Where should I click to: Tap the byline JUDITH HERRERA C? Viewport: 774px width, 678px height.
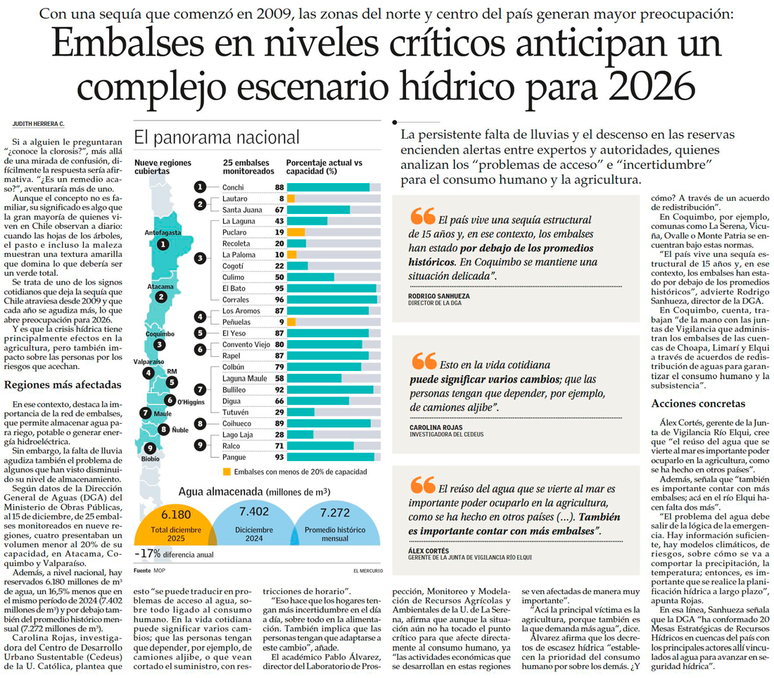(39, 124)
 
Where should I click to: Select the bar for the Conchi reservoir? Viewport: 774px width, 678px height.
(328, 187)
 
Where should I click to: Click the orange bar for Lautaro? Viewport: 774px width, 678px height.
(290, 199)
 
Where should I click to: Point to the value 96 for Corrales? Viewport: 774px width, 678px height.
(279, 299)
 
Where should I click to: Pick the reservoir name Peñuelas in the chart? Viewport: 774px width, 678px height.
(237, 321)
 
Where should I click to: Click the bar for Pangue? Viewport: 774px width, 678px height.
(331, 457)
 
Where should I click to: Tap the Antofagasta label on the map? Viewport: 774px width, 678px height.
(163, 232)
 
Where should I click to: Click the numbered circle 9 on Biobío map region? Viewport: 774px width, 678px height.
(149, 447)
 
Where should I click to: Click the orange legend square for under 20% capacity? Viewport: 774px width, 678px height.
(227, 471)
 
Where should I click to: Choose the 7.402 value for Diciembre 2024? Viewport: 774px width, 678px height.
(254, 512)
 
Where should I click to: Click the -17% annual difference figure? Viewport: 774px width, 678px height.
(148, 553)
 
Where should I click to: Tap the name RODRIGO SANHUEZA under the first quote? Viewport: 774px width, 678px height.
(438, 296)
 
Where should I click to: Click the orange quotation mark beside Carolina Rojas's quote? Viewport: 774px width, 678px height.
(424, 361)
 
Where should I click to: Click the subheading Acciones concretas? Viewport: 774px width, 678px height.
(698, 403)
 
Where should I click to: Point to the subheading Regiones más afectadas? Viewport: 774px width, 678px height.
(63, 385)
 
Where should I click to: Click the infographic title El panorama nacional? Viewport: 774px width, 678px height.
(217, 137)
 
